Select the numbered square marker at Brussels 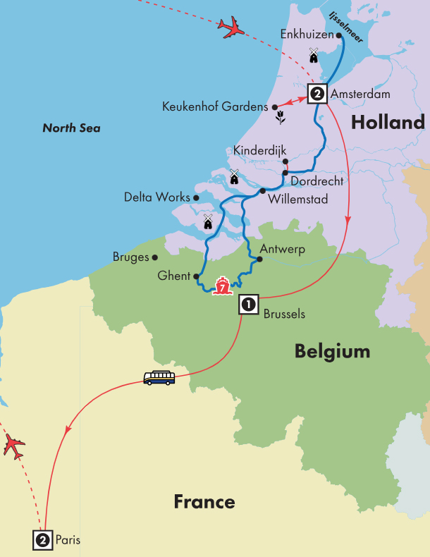[247, 304]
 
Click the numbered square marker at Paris [42, 540]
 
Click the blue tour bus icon [159, 378]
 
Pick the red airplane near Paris [13, 446]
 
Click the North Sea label [71, 128]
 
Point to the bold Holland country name [388, 123]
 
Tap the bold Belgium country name [332, 350]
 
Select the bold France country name [204, 501]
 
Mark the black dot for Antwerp [259, 259]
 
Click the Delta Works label [156, 197]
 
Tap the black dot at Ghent [195, 277]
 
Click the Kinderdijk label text [257, 150]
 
